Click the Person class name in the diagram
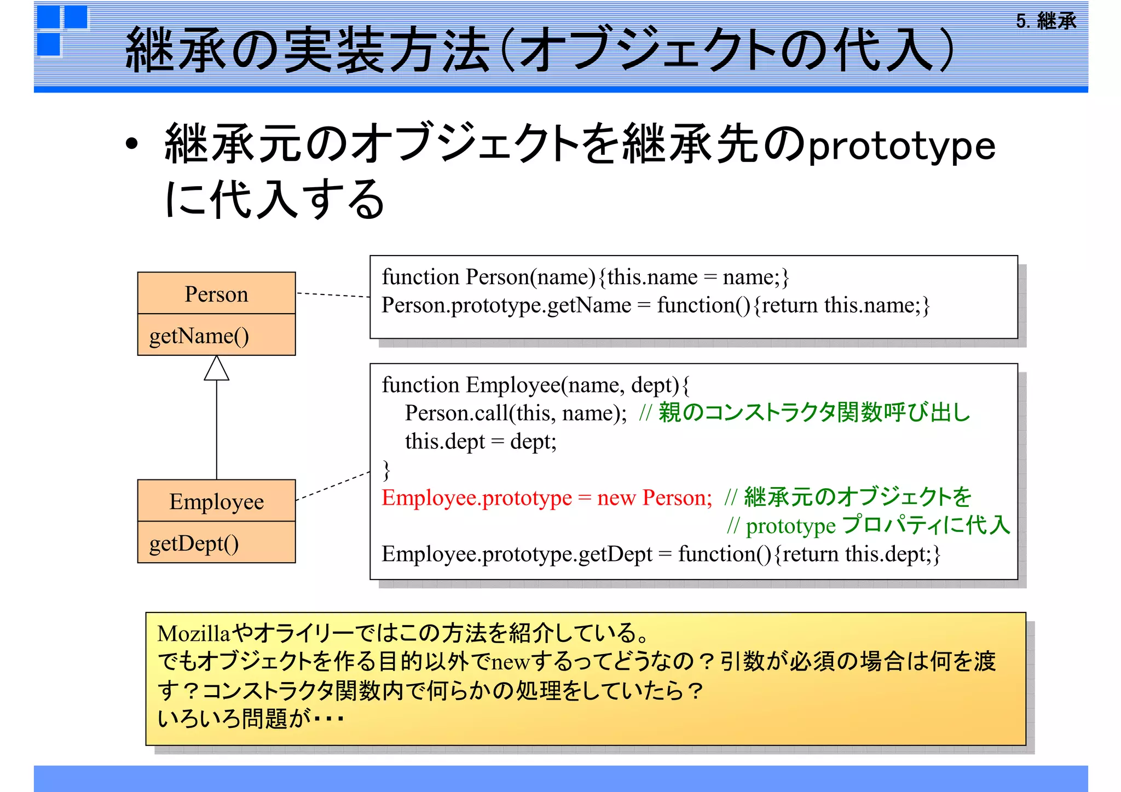(x=216, y=294)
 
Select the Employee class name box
(x=216, y=501)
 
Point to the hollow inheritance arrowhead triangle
(x=216, y=369)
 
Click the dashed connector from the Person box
(x=333, y=294)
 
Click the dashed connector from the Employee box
(x=333, y=485)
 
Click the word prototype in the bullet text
(x=902, y=147)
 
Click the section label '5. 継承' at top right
(x=1046, y=21)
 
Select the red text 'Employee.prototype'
(x=476, y=498)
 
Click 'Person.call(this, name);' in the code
(x=516, y=413)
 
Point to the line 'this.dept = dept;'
(x=481, y=441)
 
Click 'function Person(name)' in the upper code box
(x=488, y=277)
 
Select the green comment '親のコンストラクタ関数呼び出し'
(x=814, y=412)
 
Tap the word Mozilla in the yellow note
(x=193, y=634)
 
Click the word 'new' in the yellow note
(x=510, y=662)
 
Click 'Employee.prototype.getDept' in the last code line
(x=517, y=554)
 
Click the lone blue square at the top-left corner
(x=49, y=44)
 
